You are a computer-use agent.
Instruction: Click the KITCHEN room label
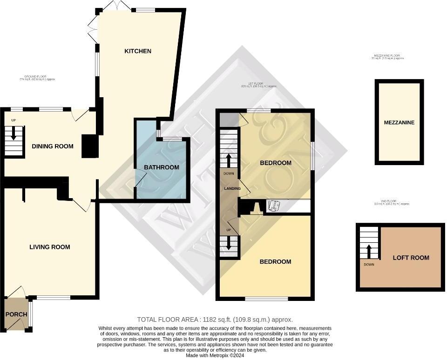[137, 51]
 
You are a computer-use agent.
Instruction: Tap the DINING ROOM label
[53, 146]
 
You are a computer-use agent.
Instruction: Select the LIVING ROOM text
[47, 247]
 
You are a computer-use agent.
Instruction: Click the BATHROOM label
[161, 167]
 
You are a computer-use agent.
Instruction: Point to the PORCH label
[16, 314]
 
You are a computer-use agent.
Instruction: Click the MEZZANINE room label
[399, 123]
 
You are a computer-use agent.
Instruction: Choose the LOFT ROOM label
[411, 258]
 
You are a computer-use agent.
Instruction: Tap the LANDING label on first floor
[232, 188]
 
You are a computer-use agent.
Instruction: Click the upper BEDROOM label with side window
[275, 163]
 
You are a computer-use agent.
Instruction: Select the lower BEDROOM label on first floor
[275, 261]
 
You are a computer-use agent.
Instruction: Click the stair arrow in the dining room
[14, 134]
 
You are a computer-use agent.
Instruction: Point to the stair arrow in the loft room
[369, 251]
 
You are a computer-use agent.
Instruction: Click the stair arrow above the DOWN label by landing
[229, 160]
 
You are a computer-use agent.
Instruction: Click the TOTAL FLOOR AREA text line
[215, 320]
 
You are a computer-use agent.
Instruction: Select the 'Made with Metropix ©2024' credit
[215, 355]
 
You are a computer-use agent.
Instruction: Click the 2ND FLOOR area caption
[392, 203]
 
